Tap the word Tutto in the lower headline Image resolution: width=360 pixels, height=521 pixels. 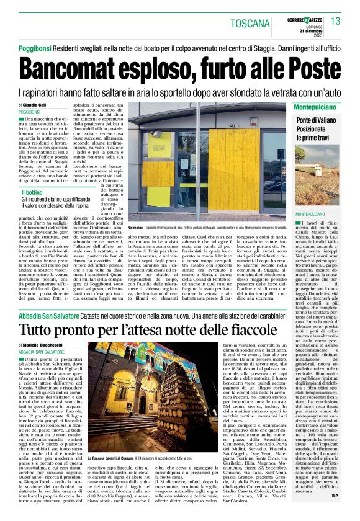click(38, 327)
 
